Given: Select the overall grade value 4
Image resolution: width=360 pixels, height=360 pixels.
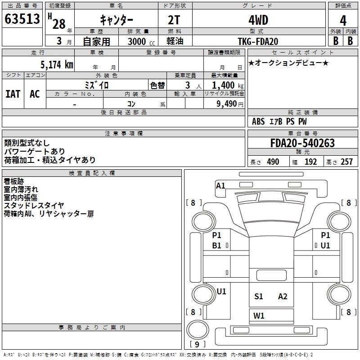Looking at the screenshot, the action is (343, 21).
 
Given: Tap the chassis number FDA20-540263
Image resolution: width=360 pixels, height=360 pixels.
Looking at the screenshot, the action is (302, 144).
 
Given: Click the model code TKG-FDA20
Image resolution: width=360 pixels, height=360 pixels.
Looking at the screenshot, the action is (258, 41).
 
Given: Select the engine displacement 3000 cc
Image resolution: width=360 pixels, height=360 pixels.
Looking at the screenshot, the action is (137, 41).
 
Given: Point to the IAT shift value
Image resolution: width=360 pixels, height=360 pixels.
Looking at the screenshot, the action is (13, 94).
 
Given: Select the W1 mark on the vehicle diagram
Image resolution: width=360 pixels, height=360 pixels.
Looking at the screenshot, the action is (259, 315).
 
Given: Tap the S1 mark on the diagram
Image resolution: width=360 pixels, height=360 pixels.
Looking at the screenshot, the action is (258, 297).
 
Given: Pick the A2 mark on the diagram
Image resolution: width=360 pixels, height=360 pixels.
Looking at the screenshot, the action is (283, 297).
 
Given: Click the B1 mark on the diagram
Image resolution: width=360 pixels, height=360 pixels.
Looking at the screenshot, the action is (217, 246).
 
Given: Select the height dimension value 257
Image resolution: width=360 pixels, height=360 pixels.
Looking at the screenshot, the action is (346, 162).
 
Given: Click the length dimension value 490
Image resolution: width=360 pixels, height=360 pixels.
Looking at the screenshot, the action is (273, 162).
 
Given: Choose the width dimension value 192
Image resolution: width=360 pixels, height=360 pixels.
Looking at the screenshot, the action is (310, 162).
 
